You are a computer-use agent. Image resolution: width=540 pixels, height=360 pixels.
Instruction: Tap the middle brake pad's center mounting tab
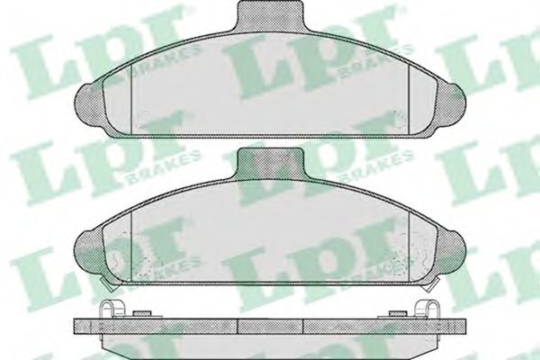(270, 164)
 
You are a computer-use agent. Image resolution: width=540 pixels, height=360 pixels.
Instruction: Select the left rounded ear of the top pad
(89, 106)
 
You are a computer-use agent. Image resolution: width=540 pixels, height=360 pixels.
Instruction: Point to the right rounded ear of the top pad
(451, 106)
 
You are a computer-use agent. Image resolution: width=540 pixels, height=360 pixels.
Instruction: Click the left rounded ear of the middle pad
(89, 253)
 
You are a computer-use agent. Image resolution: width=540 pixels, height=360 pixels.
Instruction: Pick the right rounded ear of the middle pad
(451, 253)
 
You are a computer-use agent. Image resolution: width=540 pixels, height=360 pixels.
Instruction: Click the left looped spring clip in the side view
(112, 309)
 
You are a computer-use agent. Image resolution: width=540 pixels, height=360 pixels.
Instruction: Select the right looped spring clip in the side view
(427, 309)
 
